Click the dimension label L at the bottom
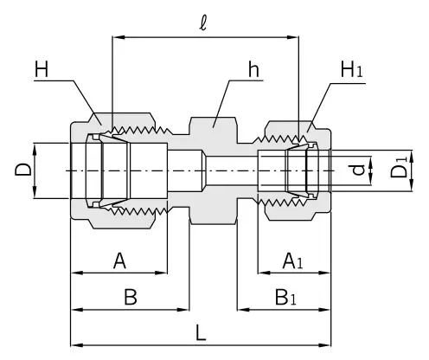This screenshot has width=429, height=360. (201, 332)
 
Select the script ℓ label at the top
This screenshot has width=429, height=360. (203, 22)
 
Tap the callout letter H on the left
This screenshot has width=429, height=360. (42, 69)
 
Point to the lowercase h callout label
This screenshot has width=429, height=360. (253, 69)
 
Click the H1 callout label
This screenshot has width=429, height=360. (351, 69)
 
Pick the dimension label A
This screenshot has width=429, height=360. (119, 260)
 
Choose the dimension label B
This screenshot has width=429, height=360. (131, 297)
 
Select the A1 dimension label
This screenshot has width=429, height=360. (292, 260)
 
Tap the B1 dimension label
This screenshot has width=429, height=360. (285, 297)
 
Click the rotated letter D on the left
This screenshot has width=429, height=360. (22, 170)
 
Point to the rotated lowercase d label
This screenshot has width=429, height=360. (359, 170)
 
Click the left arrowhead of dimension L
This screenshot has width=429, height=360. (76, 345)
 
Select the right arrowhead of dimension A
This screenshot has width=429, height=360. (162, 273)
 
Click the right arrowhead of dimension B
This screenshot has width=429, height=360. (183, 310)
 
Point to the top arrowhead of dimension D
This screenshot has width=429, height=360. (35, 149)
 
